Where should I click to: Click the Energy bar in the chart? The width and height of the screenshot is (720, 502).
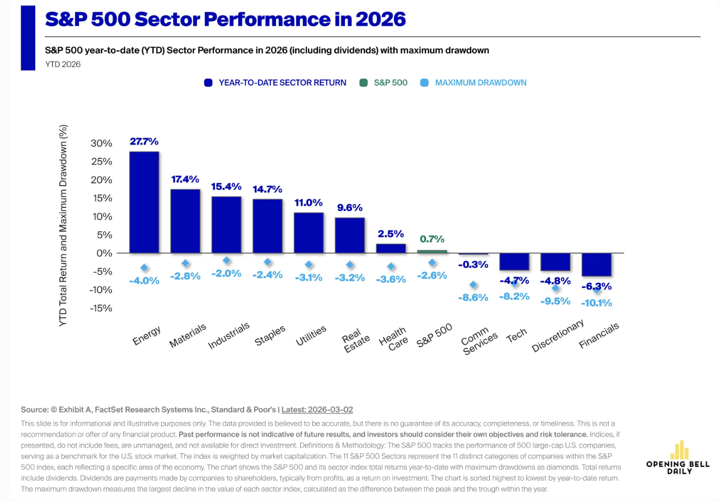click(x=144, y=202)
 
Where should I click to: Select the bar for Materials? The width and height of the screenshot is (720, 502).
click(x=185, y=221)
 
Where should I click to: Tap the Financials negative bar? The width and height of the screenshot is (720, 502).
click(x=596, y=264)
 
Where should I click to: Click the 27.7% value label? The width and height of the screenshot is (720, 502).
click(x=144, y=141)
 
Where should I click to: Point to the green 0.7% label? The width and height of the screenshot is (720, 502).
click(x=432, y=239)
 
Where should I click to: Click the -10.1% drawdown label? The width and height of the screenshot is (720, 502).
click(x=596, y=302)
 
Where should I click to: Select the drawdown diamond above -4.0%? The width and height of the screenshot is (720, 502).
click(x=144, y=268)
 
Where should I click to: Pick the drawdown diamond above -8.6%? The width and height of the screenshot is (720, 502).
click(x=473, y=285)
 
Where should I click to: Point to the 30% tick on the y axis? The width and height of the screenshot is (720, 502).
click(x=101, y=143)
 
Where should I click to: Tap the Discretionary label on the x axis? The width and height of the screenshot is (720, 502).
click(x=558, y=335)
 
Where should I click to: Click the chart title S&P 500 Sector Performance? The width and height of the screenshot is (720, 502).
click(x=225, y=19)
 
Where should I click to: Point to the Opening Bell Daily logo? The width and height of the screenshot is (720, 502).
click(x=677, y=458)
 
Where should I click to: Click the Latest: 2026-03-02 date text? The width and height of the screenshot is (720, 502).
click(x=317, y=410)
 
